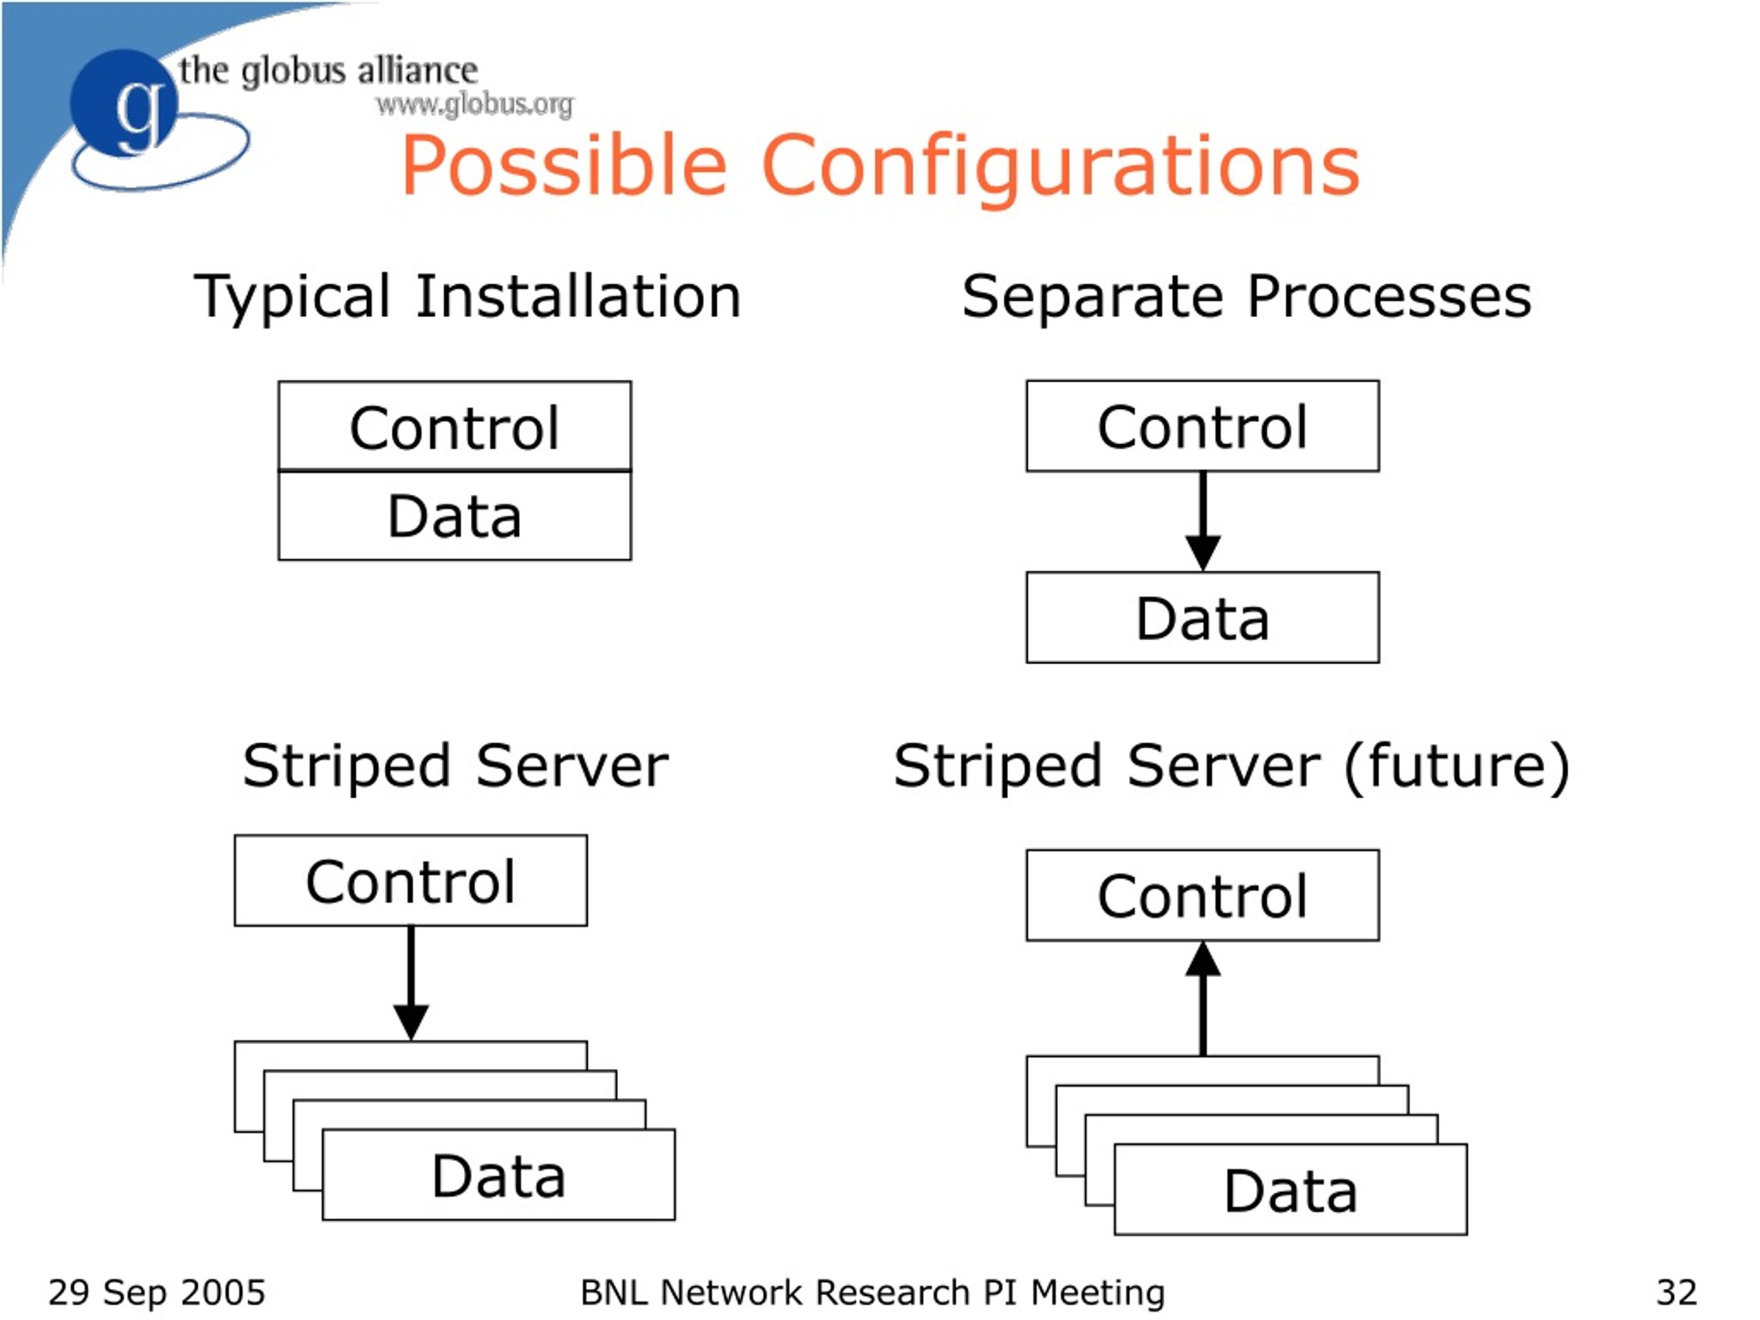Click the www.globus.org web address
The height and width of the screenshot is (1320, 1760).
tap(475, 104)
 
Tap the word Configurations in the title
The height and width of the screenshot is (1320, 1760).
tap(1061, 166)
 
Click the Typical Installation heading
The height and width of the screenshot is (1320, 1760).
tap(468, 297)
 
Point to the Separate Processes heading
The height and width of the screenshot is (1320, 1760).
tap(1246, 297)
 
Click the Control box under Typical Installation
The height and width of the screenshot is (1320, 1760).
tap(454, 426)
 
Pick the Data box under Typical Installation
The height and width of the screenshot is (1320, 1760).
tap(454, 516)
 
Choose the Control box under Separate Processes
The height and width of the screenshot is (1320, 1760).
tap(1202, 426)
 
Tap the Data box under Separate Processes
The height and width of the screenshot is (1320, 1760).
tap(1202, 617)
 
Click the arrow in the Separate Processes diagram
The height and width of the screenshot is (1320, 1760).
tap(1203, 521)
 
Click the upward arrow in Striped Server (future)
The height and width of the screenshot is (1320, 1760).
tap(1203, 998)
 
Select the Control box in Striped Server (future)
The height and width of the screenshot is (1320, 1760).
tap(1202, 895)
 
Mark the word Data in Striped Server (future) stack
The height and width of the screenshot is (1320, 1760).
tap(1290, 1191)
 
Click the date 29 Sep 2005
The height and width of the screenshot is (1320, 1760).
tap(157, 1292)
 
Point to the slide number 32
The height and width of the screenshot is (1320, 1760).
tap(1676, 1292)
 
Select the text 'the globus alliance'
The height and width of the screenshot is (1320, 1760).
tap(329, 71)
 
